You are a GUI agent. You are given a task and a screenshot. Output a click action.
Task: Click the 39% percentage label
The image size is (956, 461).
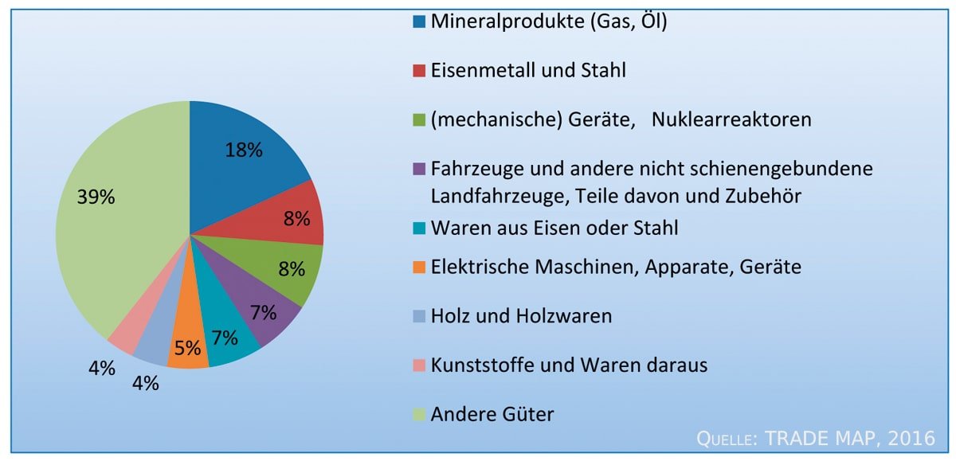96,198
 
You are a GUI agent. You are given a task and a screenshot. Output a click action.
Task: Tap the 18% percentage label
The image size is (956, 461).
244,150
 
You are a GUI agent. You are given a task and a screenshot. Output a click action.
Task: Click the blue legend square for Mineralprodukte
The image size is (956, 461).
419,21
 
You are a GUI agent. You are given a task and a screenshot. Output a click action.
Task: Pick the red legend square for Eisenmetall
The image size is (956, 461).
419,71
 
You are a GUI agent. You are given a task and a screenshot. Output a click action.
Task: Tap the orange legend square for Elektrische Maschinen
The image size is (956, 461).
419,267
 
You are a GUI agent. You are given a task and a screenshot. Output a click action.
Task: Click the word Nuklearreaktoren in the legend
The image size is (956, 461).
731,119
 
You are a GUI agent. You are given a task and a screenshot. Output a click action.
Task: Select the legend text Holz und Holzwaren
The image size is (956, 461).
521,316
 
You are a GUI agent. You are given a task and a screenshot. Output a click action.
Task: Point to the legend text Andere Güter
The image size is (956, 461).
492,414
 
